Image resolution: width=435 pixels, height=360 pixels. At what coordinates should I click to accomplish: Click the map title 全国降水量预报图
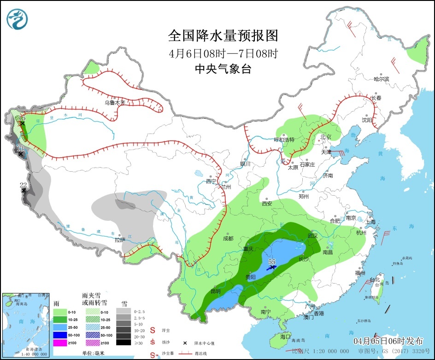[223, 35]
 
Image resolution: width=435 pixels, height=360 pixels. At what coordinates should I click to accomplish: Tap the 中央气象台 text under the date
[223, 69]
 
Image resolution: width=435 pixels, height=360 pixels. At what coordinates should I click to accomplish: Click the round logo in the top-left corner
[18, 18]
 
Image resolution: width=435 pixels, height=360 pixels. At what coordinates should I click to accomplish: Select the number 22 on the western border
[24, 185]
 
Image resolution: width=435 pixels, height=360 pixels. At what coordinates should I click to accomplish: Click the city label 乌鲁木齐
[114, 103]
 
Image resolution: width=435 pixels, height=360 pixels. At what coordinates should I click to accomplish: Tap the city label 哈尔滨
[381, 79]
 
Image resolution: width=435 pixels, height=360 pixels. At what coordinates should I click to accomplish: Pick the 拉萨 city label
[120, 239]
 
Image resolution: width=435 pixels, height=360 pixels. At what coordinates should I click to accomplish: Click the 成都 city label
[228, 238]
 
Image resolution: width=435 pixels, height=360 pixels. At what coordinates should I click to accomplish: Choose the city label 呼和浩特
[284, 139]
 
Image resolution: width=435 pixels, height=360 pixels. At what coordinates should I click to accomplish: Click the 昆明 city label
[215, 291]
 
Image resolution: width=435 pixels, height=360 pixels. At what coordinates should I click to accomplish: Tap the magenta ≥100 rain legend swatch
[60, 343]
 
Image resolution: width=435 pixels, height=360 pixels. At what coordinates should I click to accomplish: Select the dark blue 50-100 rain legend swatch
[60, 335]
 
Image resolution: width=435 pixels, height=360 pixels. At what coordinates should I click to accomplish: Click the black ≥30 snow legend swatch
[123, 343]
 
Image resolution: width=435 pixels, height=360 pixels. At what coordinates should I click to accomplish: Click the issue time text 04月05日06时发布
[388, 341]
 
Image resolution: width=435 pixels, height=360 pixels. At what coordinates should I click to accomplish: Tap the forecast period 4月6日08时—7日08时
[223, 53]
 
